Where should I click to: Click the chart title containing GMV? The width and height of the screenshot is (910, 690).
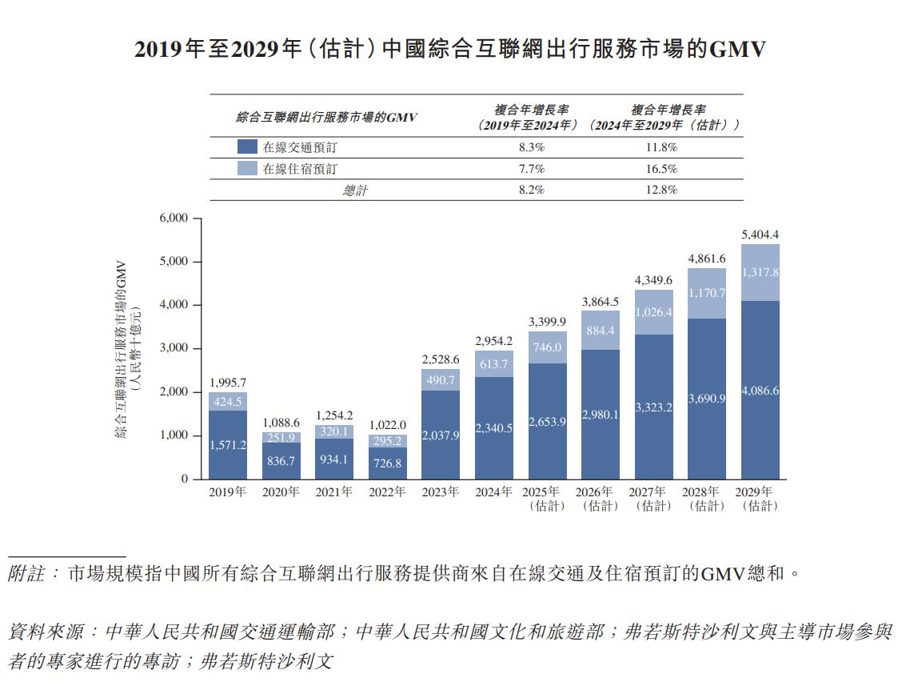pyautogui.click(x=450, y=50)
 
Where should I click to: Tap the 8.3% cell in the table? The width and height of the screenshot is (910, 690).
pyautogui.click(x=531, y=147)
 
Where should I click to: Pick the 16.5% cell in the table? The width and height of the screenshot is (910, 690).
pyautogui.click(x=661, y=169)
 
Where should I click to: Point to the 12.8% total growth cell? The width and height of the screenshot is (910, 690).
pyautogui.click(x=661, y=190)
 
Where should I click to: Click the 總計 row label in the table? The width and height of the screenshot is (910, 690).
pyautogui.click(x=355, y=191)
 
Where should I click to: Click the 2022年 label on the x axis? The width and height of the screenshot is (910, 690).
pyautogui.click(x=387, y=492)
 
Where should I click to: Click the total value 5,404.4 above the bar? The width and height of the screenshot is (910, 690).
pyautogui.click(x=760, y=235)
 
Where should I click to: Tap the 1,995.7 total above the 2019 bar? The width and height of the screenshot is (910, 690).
pyautogui.click(x=228, y=382)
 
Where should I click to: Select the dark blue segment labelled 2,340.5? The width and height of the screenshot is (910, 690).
pyautogui.click(x=494, y=428)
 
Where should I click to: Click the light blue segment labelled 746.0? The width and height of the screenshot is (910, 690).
pyautogui.click(x=547, y=347)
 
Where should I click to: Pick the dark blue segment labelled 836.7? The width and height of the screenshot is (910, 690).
pyautogui.click(x=281, y=461)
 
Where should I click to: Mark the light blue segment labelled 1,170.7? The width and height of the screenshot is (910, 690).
pyautogui.click(x=707, y=293)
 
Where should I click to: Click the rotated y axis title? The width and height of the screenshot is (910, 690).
pyautogui.click(x=127, y=348)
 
